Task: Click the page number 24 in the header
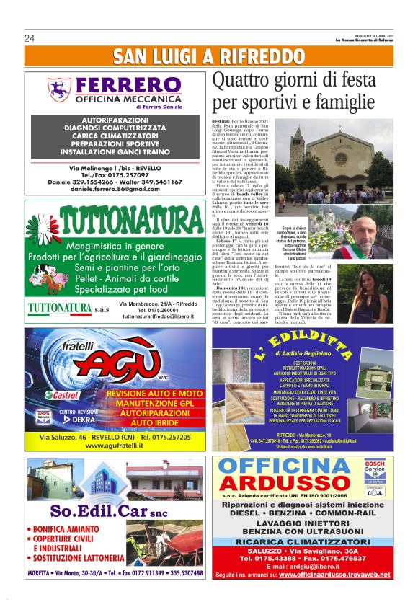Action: coord(30,38)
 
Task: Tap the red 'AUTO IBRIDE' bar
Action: coord(151,422)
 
